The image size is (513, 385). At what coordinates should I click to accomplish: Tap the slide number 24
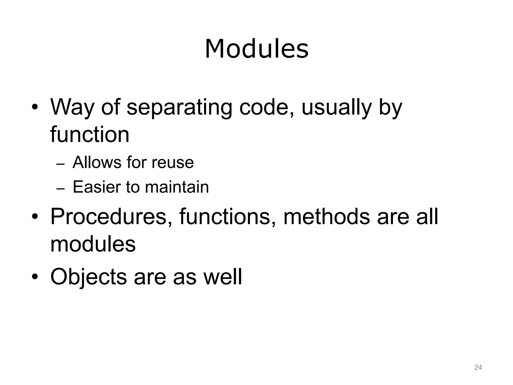point(478,367)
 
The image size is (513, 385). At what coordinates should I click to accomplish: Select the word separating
point(179,108)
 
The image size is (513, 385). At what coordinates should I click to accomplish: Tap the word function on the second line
point(90,135)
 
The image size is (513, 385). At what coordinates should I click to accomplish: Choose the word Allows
point(96,162)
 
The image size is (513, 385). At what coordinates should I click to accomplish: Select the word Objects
point(88,277)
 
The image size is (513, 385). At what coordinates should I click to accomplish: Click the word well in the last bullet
point(222,277)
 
